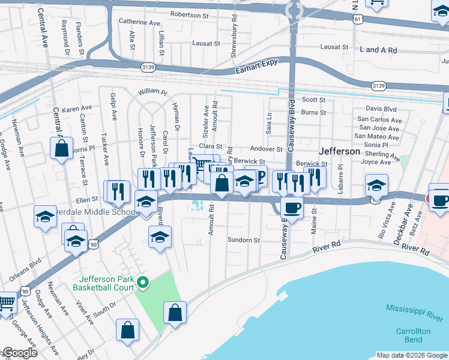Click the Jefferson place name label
click(339, 151)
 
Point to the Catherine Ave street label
click(139, 22)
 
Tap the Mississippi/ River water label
click(414, 311)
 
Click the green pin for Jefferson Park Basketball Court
click(142, 282)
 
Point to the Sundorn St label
click(243, 240)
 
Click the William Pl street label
click(152, 92)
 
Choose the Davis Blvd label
click(381, 109)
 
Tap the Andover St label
click(266, 149)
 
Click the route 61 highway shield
click(358, 20)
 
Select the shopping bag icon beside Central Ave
click(61, 148)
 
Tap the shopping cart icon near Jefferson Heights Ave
click(7, 303)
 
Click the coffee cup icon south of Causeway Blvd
click(292, 208)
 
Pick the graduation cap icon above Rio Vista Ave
click(376, 185)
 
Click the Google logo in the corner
click(19, 353)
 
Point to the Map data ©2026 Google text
click(411, 355)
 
